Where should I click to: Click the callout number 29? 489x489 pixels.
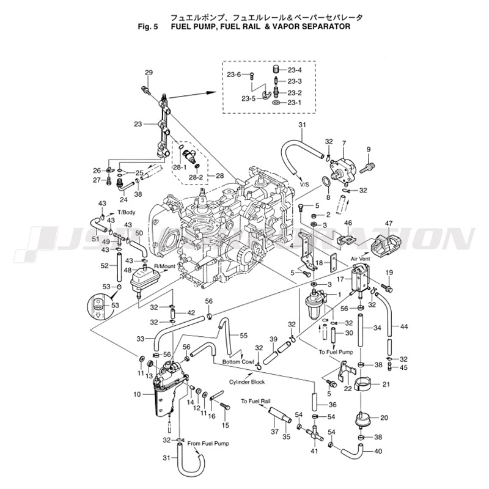pyautogui.click(x=149, y=73)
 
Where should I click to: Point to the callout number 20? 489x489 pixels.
pyautogui.click(x=384, y=418)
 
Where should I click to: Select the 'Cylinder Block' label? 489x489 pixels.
pyautogui.click(x=246, y=381)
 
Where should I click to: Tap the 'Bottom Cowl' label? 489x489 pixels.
pyautogui.click(x=238, y=362)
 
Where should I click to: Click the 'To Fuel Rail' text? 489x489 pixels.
pyautogui.click(x=256, y=402)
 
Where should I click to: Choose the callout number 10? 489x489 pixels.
pyautogui.click(x=137, y=394)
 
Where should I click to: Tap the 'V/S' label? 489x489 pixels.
pyautogui.click(x=304, y=184)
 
